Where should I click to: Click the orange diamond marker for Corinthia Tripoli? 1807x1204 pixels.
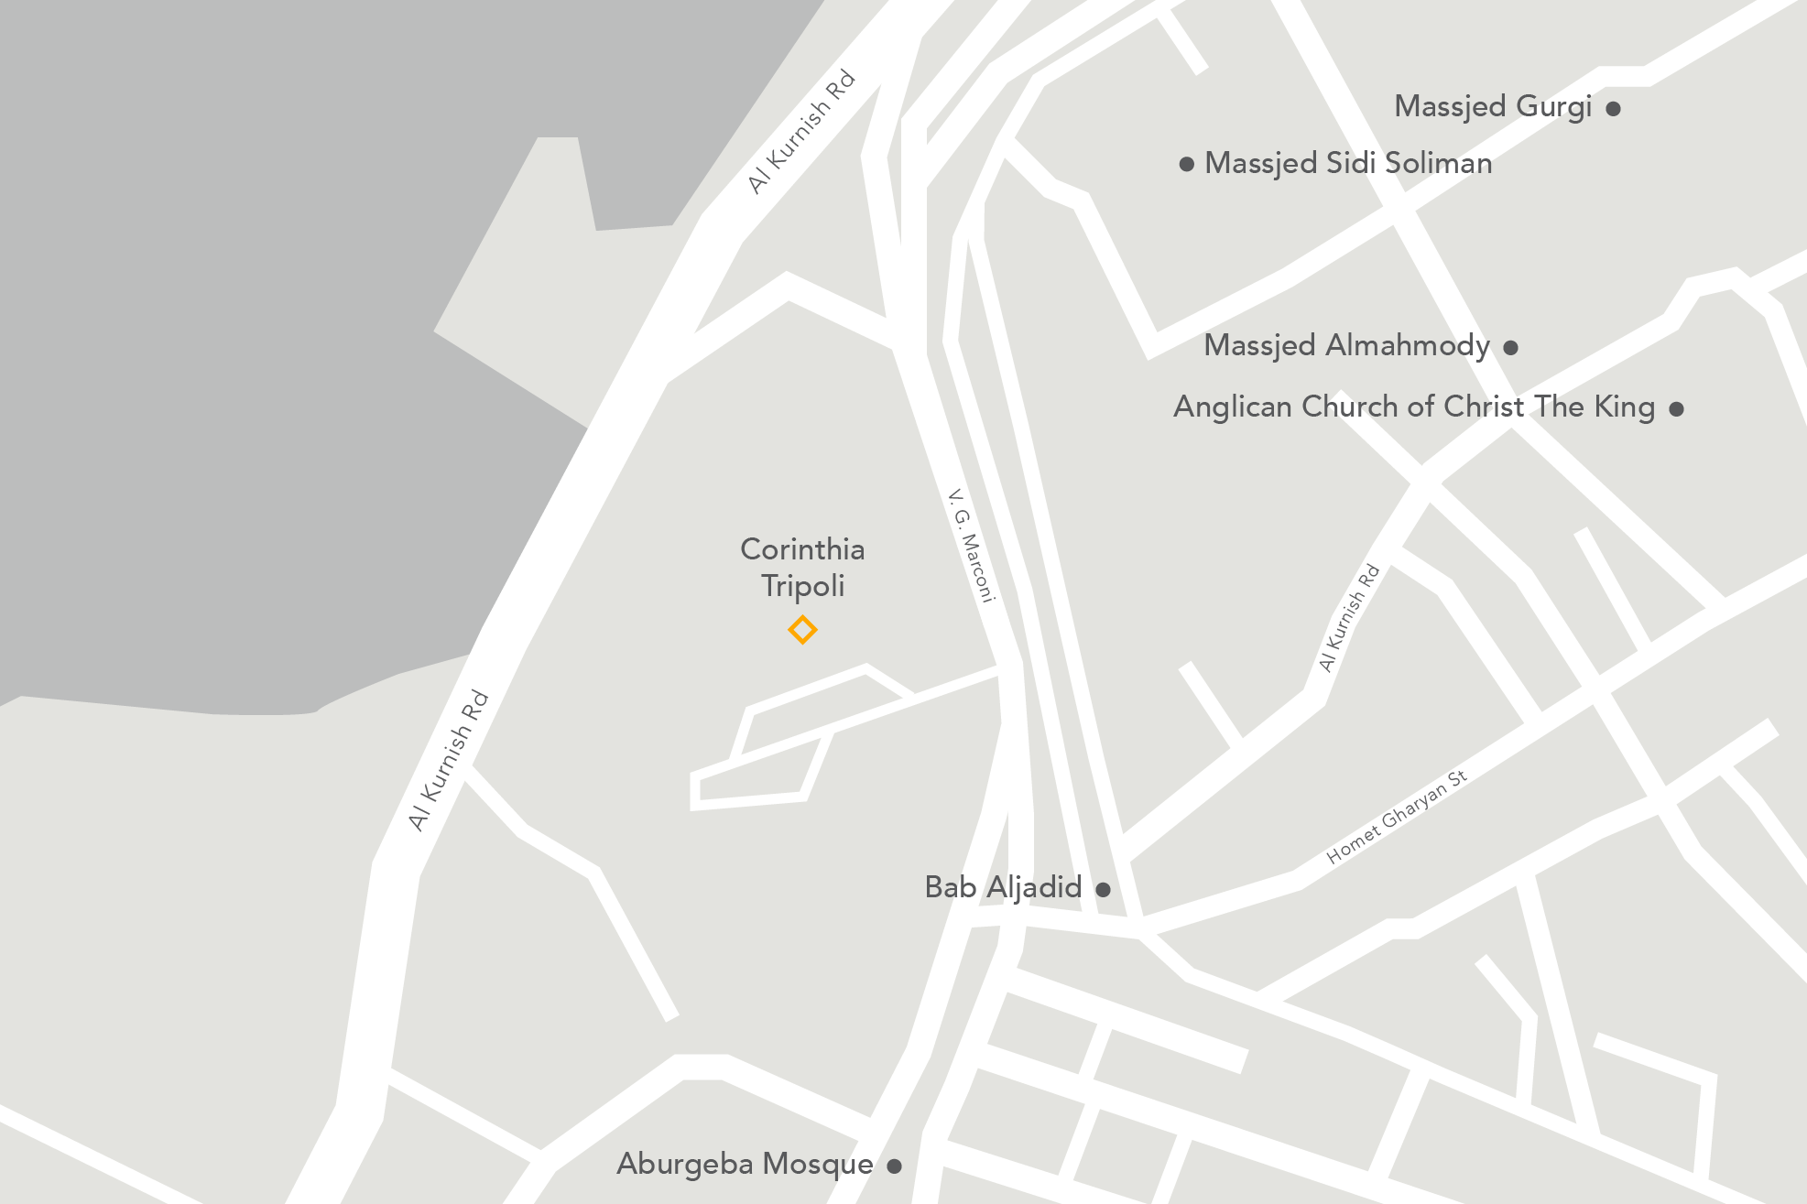(802, 630)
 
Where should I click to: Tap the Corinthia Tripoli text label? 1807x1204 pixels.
(802, 567)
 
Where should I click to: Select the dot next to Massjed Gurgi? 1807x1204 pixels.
(1614, 109)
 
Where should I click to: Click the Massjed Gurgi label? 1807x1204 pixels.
(1493, 107)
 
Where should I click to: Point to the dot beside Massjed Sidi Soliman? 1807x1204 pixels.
(1187, 165)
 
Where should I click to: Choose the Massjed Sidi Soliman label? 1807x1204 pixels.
(1348, 164)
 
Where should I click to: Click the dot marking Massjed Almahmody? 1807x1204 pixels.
(1511, 348)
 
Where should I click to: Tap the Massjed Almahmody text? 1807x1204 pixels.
(1346, 346)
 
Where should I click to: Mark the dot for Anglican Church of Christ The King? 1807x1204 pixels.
(1676, 409)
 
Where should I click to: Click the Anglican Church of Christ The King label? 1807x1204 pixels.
(1414, 407)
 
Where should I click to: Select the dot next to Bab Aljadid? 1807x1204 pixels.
(1104, 889)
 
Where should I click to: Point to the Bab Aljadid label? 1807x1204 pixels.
(1003, 887)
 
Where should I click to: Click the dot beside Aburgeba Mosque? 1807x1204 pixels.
(895, 1166)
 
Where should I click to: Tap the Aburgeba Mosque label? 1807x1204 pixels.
(745, 1164)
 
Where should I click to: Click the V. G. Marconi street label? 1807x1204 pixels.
(972, 546)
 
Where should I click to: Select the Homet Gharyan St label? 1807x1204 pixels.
(1397, 817)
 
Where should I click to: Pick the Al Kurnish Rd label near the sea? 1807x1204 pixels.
(801, 132)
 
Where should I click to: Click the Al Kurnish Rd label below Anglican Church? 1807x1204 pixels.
(1349, 618)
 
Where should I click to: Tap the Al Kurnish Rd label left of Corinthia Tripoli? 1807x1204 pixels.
(449, 761)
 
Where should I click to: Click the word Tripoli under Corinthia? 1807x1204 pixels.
(802, 586)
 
